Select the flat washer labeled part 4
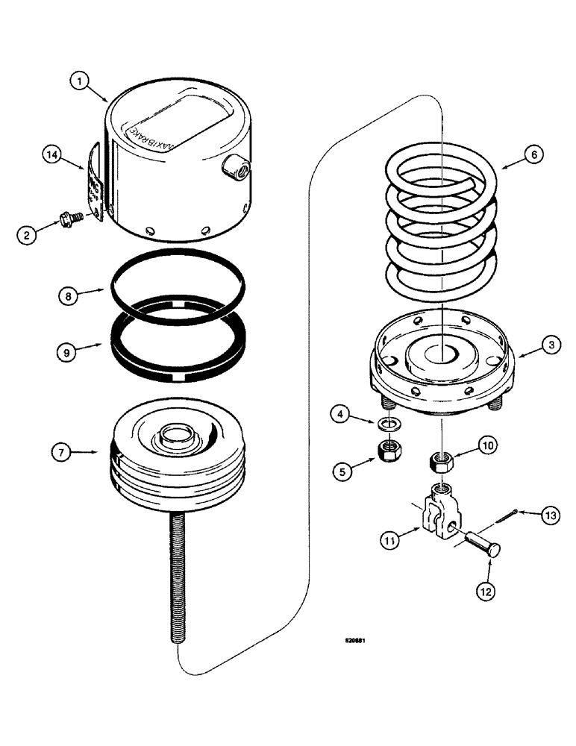388,424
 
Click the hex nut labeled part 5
388,450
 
